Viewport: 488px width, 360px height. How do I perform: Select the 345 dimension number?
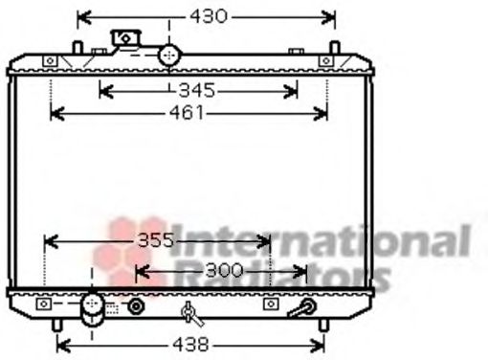click(x=196, y=92)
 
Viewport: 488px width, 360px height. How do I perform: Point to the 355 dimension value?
click(x=154, y=241)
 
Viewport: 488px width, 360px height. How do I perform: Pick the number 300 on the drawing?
click(x=224, y=272)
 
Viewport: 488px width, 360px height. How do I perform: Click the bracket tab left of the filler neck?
click(x=125, y=39)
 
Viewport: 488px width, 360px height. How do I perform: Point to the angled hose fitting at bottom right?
click(x=304, y=308)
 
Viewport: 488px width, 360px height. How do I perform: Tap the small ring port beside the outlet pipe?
click(x=137, y=307)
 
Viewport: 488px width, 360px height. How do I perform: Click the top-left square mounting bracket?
click(x=50, y=61)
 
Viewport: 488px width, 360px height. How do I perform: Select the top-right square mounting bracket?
click(x=326, y=61)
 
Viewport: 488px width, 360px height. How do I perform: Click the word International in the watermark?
click(x=325, y=240)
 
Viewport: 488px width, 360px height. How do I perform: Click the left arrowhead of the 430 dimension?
click(x=80, y=16)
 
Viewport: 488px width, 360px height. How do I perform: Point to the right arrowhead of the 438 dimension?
click(x=322, y=343)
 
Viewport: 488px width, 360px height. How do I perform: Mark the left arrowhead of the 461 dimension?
click(x=54, y=114)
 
